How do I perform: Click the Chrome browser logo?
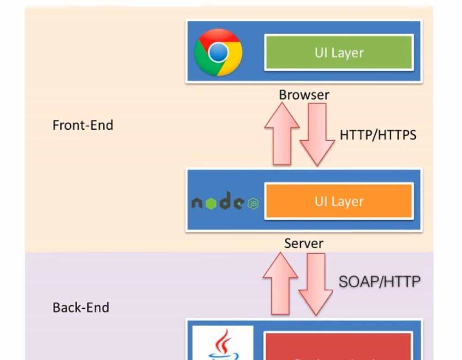point(218,52)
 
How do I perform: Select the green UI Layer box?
point(338,52)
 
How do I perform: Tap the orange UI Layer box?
point(338,201)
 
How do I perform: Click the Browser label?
point(304,95)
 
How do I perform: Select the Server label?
point(304,243)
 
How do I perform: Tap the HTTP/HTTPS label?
point(378,135)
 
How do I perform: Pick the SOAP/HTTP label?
point(379,282)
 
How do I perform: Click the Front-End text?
point(83,125)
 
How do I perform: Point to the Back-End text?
point(81,307)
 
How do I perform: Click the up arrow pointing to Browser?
point(282,134)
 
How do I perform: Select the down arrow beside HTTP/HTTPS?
point(317,134)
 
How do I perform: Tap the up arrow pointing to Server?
point(281,282)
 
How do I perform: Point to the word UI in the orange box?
point(321,201)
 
